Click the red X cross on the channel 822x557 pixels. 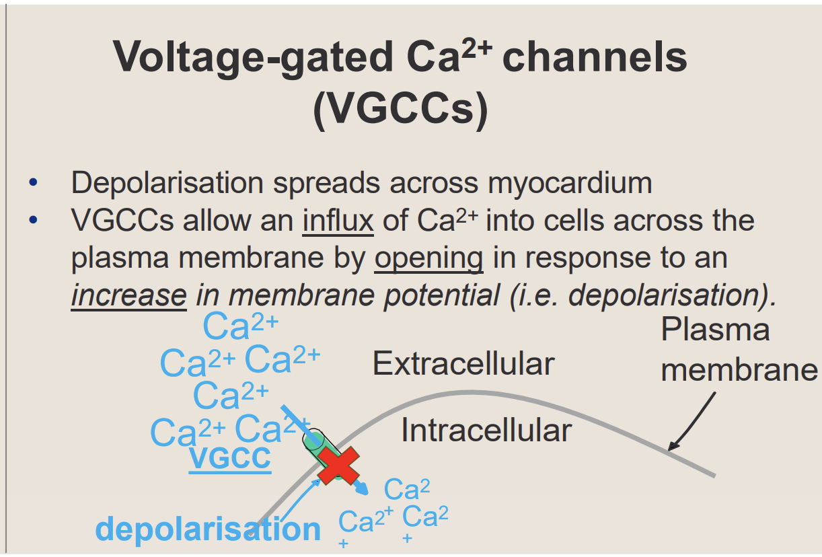338,466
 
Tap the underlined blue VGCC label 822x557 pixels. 230,458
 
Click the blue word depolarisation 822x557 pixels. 208,529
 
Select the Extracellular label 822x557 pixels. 463,364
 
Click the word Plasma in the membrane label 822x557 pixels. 715,330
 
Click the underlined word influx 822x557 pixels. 338,221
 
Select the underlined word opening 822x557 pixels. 428,258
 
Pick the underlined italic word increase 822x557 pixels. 128,295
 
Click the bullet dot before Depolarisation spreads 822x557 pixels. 34,183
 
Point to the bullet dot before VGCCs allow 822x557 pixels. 34,221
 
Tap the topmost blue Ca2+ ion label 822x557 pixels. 240,327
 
